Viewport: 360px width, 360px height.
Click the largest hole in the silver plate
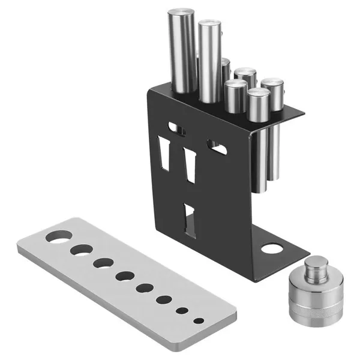[58, 236]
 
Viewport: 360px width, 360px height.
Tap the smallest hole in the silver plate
[198, 321]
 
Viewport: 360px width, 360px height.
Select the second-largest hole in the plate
[81, 250]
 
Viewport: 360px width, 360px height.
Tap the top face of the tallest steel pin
[181, 11]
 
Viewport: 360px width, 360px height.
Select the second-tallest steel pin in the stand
[209, 60]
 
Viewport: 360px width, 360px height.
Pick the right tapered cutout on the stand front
[191, 164]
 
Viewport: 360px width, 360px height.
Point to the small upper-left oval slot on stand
[177, 127]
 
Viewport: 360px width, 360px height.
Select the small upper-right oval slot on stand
[217, 146]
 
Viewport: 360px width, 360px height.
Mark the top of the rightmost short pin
[272, 82]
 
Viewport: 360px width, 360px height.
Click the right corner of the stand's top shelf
[302, 110]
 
